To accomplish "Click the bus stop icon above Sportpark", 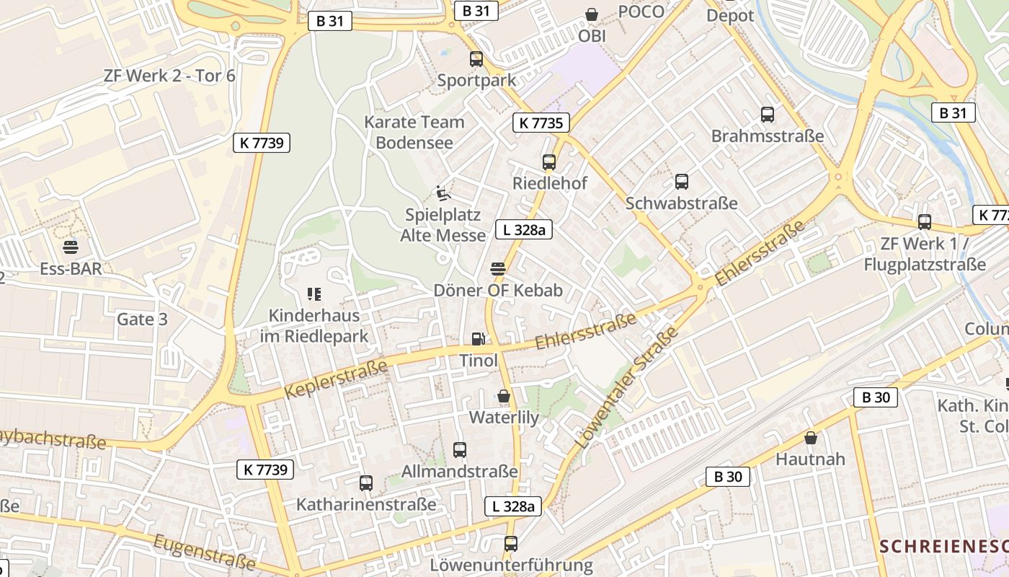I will coord(476,59).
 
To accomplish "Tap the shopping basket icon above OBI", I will coord(592,14).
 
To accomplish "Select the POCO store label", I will coord(641,12).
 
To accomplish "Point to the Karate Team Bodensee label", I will coord(414,132).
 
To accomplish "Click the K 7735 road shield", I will coord(541,123).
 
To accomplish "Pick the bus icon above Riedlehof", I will coord(549,162).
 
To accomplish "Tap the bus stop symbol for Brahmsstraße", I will coord(768,114).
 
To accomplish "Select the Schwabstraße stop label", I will coord(681,203).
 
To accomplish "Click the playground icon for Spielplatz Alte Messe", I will coord(443,193).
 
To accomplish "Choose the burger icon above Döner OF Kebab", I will coord(497,269).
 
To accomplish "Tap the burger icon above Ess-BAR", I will coord(71,247).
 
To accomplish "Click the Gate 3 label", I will coord(142,319).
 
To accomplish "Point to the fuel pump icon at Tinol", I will coord(477,338).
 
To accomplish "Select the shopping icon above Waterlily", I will coord(504,396).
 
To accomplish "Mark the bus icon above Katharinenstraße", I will coord(366,483).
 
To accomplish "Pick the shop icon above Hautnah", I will coord(811,437).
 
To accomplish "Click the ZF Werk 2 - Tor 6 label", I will coord(169,76).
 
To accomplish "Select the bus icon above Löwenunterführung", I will coord(511,543).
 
